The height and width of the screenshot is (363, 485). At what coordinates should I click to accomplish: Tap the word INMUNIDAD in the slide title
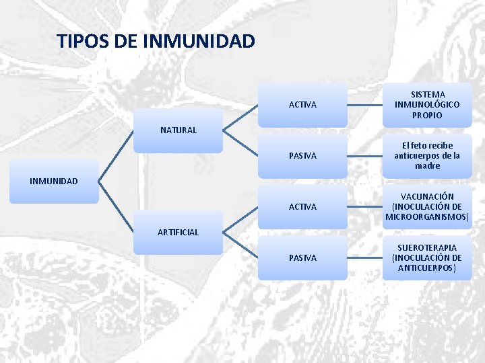tap(199, 42)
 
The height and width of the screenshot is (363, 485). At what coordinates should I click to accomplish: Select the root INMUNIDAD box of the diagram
tap(54, 181)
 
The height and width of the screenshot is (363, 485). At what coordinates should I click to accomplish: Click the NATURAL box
tap(178, 130)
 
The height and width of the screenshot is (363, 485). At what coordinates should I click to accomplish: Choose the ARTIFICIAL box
tap(178, 232)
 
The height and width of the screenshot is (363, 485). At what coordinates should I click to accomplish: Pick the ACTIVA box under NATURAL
tap(302, 105)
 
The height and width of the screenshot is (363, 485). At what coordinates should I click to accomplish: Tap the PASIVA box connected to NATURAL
tap(302, 156)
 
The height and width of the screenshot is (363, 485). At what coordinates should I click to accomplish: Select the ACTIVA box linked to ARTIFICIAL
tap(302, 207)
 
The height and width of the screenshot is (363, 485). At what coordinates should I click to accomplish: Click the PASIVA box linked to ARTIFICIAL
tap(302, 258)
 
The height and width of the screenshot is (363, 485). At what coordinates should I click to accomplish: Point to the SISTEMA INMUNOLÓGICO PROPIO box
tap(427, 105)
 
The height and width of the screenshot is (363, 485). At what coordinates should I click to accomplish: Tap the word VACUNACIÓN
tap(427, 196)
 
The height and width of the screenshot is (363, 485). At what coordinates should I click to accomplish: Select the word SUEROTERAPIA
tap(427, 247)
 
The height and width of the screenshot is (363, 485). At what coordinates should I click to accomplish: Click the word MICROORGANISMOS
tap(427, 216)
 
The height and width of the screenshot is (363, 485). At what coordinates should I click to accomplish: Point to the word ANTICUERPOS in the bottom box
tap(427, 268)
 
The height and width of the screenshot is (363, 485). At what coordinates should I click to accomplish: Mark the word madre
tap(427, 165)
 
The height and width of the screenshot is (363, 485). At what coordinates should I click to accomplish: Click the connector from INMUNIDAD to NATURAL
tap(116, 155)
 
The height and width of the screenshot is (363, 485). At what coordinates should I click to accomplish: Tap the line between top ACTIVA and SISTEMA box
tap(365, 105)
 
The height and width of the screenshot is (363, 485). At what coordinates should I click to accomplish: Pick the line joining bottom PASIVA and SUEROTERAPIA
tap(365, 258)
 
